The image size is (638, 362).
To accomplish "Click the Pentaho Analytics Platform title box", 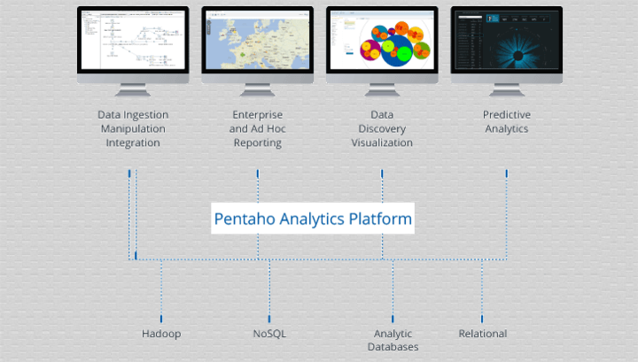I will [313, 218].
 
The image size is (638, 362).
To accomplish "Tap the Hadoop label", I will [161, 334].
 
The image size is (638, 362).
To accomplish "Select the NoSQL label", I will [269, 334].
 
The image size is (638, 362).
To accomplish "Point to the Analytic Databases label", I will [393, 340].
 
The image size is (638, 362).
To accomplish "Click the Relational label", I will [482, 334].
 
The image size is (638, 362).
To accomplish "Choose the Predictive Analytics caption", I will [506, 122].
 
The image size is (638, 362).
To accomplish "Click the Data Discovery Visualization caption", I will [382, 129].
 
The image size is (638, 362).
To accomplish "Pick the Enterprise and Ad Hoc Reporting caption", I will [257, 129].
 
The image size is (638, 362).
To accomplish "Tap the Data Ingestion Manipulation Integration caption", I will [133, 129].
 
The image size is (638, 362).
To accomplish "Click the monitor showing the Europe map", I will [257, 41].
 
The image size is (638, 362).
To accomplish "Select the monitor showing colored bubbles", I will [382, 41].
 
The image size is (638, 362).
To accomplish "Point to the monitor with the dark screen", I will [506, 41].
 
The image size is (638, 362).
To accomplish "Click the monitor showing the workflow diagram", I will [133, 41].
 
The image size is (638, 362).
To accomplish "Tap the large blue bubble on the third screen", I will [396, 49].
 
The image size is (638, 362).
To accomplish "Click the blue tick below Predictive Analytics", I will [506, 174].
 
